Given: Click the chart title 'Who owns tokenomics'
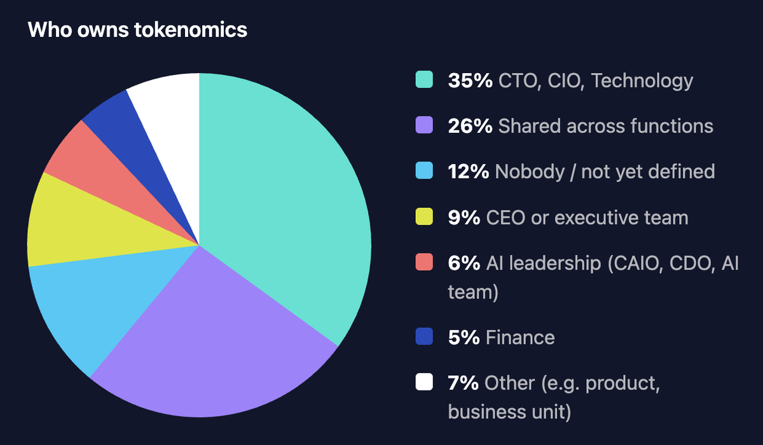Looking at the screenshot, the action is coord(137,30).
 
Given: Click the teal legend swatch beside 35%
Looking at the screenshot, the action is coord(424,79).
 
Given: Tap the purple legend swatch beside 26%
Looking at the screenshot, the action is coord(424,125).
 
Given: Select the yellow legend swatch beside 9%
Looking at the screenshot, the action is coord(424,217).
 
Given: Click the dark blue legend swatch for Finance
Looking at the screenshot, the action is coord(424,336).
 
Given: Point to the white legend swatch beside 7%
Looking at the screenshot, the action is coord(424,381).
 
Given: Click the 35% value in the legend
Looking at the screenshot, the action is coord(471,81).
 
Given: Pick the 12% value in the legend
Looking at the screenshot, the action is coord(469,171).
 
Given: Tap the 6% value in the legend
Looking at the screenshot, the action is coord(464,263).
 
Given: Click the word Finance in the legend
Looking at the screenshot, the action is coord(520,338).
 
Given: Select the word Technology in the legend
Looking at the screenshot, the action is coord(642,81).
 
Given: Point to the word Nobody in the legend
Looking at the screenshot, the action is coord(530,171).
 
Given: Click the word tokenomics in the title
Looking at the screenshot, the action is coord(191,30).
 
